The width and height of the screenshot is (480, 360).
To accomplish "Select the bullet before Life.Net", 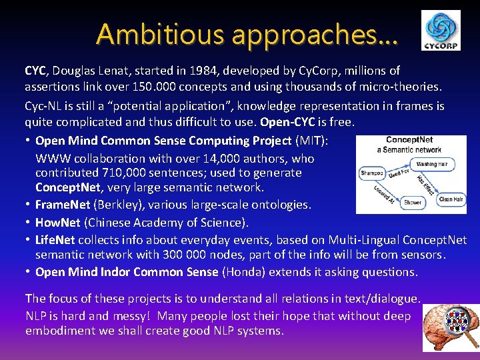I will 27,239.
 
